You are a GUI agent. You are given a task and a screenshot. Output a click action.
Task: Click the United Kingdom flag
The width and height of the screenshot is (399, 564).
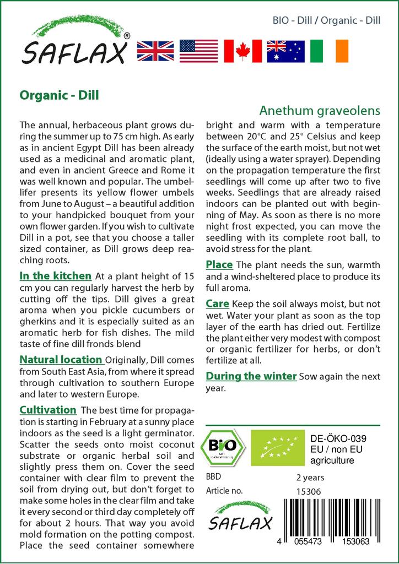point(156,51)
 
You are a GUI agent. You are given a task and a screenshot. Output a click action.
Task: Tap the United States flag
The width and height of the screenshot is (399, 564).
point(199,51)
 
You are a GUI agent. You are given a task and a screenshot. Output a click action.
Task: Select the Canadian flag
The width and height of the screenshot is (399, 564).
point(242,51)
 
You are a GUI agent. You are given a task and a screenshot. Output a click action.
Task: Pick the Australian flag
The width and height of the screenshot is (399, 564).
point(285,51)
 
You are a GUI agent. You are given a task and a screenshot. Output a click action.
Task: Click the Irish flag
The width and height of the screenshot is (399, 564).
point(329,51)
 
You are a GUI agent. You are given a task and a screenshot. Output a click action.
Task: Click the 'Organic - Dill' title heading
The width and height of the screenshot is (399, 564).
point(59,95)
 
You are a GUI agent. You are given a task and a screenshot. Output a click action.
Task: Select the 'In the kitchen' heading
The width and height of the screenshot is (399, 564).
point(55,275)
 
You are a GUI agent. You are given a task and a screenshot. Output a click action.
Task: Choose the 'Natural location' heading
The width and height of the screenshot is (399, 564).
point(61,360)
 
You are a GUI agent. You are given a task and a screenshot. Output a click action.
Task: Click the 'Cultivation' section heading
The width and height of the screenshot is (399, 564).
point(48,410)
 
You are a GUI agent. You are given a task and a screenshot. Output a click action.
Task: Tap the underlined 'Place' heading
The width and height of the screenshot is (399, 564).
point(219,265)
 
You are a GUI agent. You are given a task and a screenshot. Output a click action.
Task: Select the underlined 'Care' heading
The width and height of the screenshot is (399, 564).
point(217,303)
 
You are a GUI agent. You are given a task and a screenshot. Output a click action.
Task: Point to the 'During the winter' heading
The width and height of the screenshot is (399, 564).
point(251,376)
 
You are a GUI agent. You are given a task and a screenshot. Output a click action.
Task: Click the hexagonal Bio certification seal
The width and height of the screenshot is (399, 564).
point(223,447)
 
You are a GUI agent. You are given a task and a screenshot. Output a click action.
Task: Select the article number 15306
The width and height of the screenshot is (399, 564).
point(309,491)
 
